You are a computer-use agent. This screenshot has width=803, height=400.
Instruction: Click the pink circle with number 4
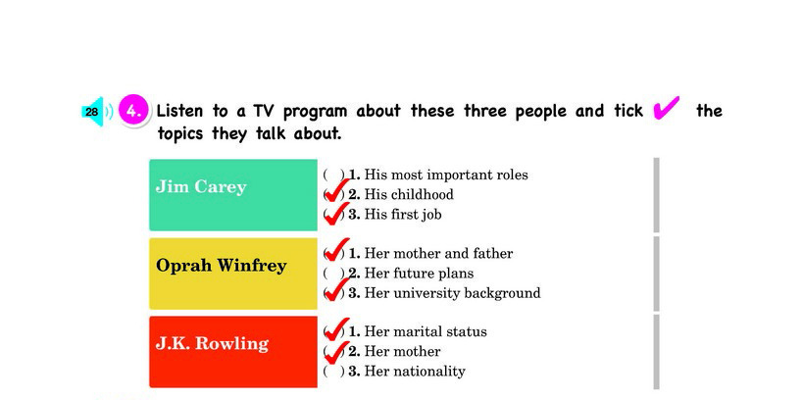pyautogui.click(x=133, y=111)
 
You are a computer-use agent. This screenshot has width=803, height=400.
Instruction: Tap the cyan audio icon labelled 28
pyautogui.click(x=93, y=111)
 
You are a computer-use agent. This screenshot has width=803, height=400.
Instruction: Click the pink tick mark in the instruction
pyautogui.click(x=667, y=108)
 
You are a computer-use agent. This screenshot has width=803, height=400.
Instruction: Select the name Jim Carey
pyautogui.click(x=201, y=186)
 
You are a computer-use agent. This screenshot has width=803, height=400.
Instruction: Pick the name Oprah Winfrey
pyautogui.click(x=221, y=266)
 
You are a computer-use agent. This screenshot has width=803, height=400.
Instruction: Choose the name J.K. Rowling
pyautogui.click(x=212, y=343)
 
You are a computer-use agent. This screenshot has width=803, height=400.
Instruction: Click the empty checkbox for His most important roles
pyautogui.click(x=333, y=175)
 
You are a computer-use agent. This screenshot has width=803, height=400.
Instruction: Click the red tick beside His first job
pyautogui.click(x=336, y=213)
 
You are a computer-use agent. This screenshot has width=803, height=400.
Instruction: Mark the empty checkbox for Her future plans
pyautogui.click(x=333, y=274)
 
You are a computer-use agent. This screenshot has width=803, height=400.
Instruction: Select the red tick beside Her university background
pyautogui.click(x=336, y=289)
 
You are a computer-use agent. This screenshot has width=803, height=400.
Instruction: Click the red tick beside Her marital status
pyautogui.click(x=336, y=328)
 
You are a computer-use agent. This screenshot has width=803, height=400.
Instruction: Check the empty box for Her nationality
pyautogui.click(x=333, y=372)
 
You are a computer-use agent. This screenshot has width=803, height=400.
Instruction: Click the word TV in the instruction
pyautogui.click(x=264, y=111)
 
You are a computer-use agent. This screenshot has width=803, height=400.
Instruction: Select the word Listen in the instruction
pyautogui.click(x=179, y=111)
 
